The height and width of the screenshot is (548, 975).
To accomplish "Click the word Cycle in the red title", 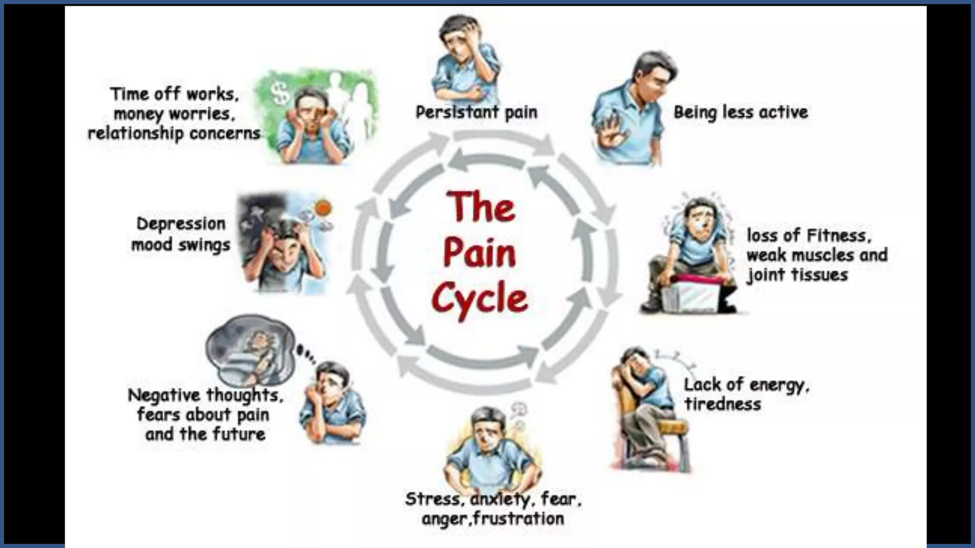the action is click(x=479, y=298).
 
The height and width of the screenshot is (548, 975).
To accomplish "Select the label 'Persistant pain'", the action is click(x=477, y=113).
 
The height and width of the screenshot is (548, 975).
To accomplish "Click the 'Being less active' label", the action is click(x=740, y=113).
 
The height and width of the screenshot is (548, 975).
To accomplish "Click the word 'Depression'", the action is click(x=181, y=224).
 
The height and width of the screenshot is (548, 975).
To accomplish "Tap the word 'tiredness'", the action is click(x=722, y=404).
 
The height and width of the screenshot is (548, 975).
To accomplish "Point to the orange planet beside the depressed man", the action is click(x=323, y=207).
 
